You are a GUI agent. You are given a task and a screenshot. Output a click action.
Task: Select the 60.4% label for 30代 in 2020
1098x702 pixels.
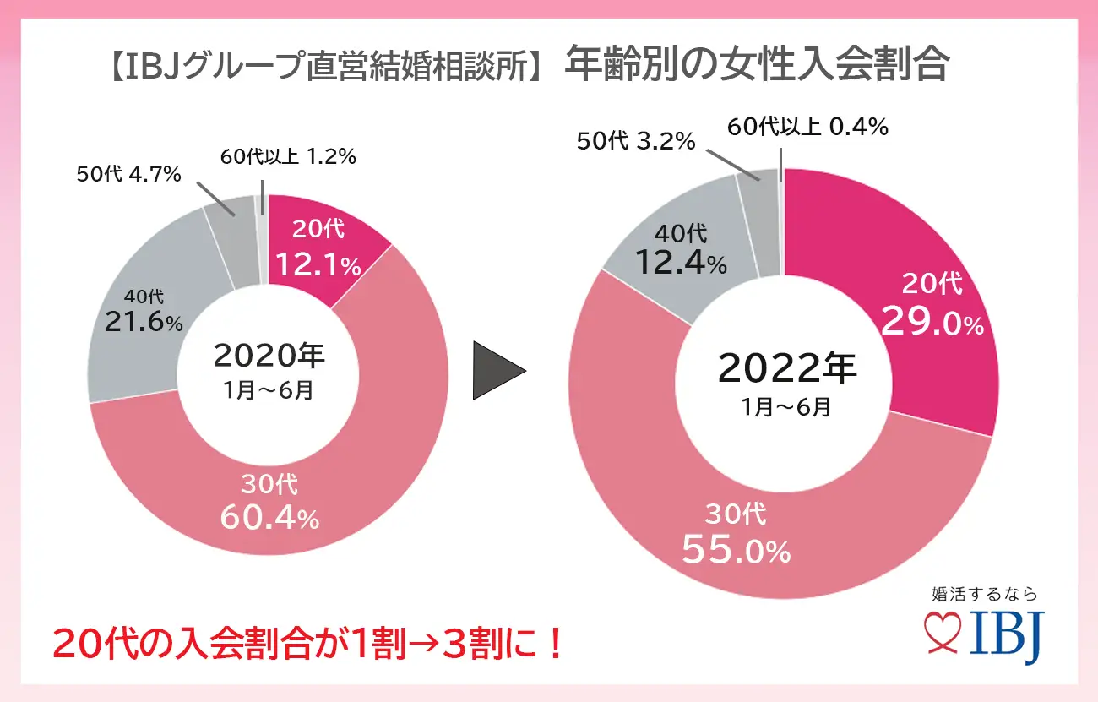coord(269,517)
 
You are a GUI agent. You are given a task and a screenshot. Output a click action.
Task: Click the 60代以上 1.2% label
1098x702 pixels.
coord(289,156)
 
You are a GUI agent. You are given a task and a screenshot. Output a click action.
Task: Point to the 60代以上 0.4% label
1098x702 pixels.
coord(807,128)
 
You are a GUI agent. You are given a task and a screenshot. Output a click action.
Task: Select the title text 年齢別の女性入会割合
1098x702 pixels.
coord(757,65)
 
